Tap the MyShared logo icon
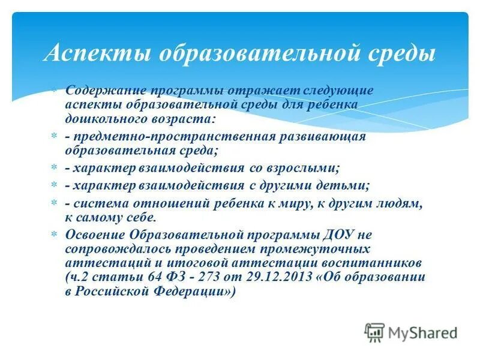[374, 332]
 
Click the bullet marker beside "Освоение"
[52, 235]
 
